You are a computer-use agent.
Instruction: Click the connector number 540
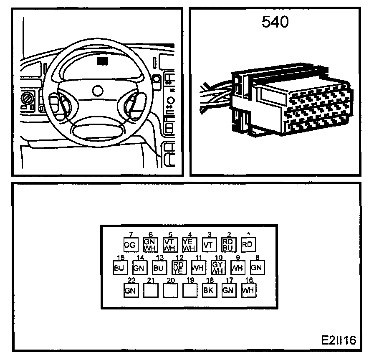coord(275,22)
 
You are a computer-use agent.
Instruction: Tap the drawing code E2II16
coord(338,340)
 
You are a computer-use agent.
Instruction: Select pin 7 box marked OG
coord(130,245)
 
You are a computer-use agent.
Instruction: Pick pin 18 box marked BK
coord(209,290)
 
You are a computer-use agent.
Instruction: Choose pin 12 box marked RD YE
coord(178,267)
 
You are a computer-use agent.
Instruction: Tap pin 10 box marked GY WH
coord(217,267)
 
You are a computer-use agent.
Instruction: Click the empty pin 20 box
coord(169,290)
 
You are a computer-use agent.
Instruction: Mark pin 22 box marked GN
coord(131,290)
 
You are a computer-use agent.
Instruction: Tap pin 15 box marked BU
coord(119,267)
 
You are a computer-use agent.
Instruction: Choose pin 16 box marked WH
coord(248,290)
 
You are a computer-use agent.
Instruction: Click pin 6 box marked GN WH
coord(150,244)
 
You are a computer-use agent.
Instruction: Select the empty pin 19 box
coord(189,290)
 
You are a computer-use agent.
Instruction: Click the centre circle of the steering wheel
coord(98,91)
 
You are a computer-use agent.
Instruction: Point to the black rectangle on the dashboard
coord(102,61)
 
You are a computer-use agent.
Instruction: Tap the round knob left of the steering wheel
coord(27,99)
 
